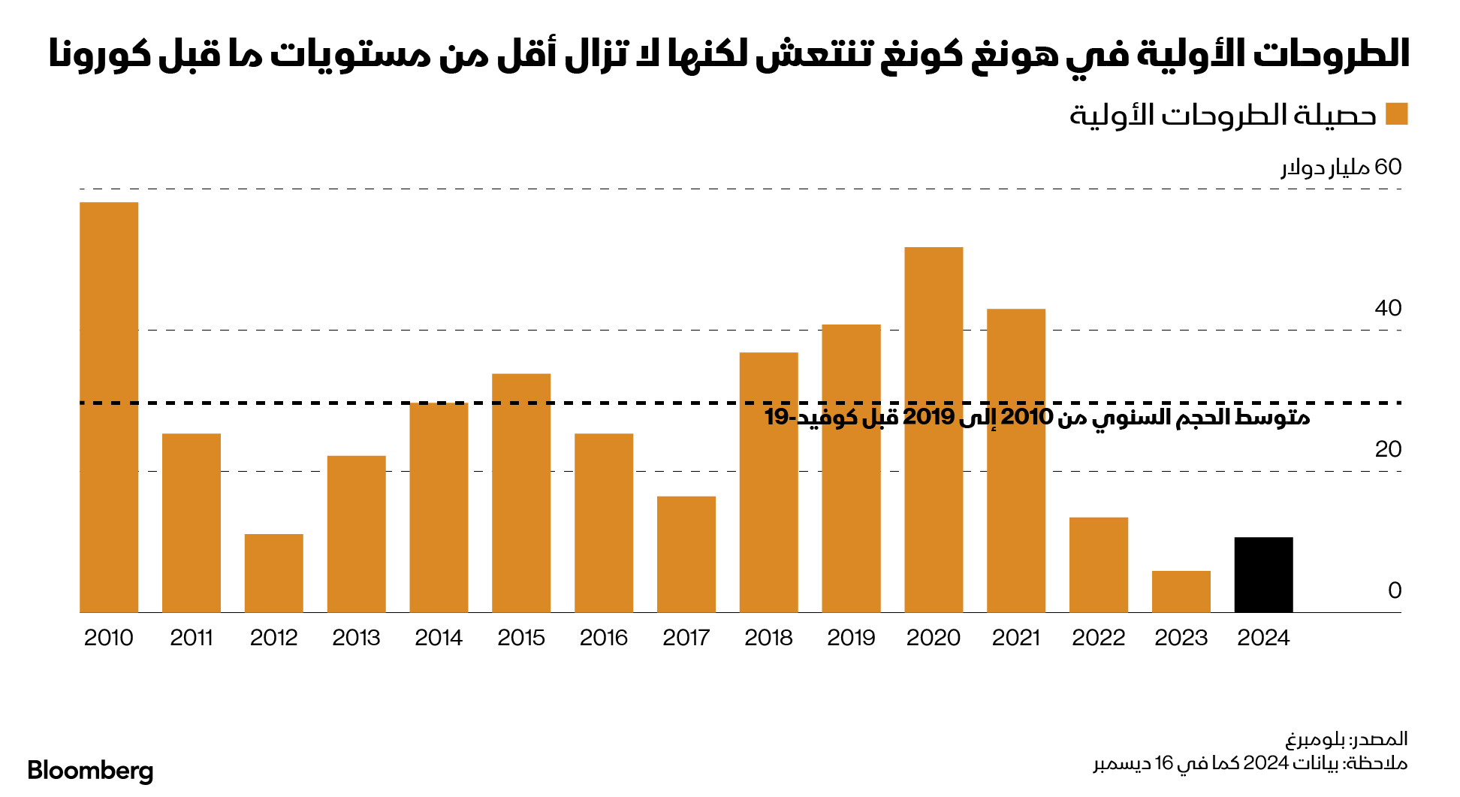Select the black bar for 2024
1263,575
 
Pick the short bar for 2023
1181,592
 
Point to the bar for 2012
274,573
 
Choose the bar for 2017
686,554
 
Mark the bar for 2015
521,493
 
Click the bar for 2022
1098,565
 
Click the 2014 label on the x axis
439,638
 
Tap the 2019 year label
851,638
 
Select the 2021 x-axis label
1016,638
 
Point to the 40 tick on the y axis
1388,308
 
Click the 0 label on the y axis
1395,590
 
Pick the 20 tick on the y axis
1388,449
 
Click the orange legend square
1396,114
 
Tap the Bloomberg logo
90,771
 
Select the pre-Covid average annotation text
1037,417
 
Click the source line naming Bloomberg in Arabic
1347,739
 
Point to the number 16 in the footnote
1163,763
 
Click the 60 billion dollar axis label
1341,167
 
